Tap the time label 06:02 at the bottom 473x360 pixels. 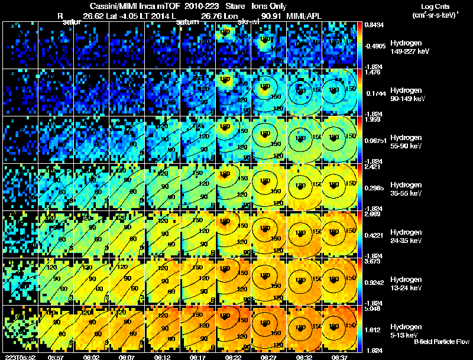pyautogui.click(x=92, y=357)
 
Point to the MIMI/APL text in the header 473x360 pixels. pyautogui.click(x=306, y=16)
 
